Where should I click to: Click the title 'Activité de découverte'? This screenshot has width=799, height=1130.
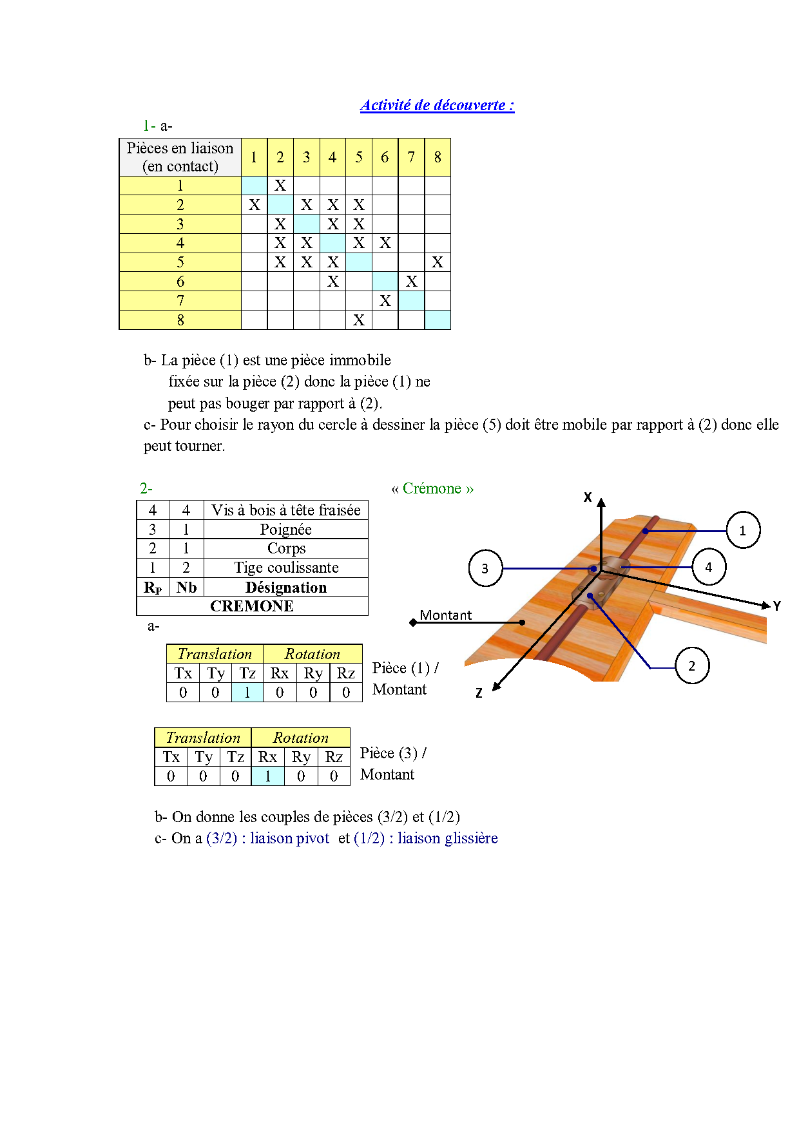[437, 106]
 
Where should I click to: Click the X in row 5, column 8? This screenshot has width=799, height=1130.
[438, 262]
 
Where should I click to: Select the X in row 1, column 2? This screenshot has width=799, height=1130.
[280, 186]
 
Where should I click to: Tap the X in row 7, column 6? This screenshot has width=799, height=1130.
[385, 301]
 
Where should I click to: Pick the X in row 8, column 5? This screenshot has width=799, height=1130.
[359, 320]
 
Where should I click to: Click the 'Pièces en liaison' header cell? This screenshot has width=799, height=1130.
[180, 157]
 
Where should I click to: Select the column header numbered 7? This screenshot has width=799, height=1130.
[411, 157]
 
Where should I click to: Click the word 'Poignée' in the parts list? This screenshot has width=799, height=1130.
[285, 530]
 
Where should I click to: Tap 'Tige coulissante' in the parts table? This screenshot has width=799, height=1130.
[286, 568]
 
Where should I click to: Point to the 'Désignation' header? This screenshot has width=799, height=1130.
[286, 588]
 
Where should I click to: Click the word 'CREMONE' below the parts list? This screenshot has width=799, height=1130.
[252, 606]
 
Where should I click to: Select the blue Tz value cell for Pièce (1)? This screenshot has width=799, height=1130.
[247, 693]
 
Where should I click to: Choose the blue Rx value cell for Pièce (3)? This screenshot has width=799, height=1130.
[268, 776]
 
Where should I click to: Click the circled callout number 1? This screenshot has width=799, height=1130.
[743, 531]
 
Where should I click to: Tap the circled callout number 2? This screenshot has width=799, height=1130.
[692, 666]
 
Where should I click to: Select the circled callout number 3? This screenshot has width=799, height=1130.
[485, 568]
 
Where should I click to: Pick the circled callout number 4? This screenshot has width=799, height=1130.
[709, 567]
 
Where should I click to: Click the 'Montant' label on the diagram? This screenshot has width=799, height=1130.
[445, 615]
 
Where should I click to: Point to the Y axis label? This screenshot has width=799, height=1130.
[777, 606]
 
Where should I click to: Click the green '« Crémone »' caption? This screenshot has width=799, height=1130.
[432, 489]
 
